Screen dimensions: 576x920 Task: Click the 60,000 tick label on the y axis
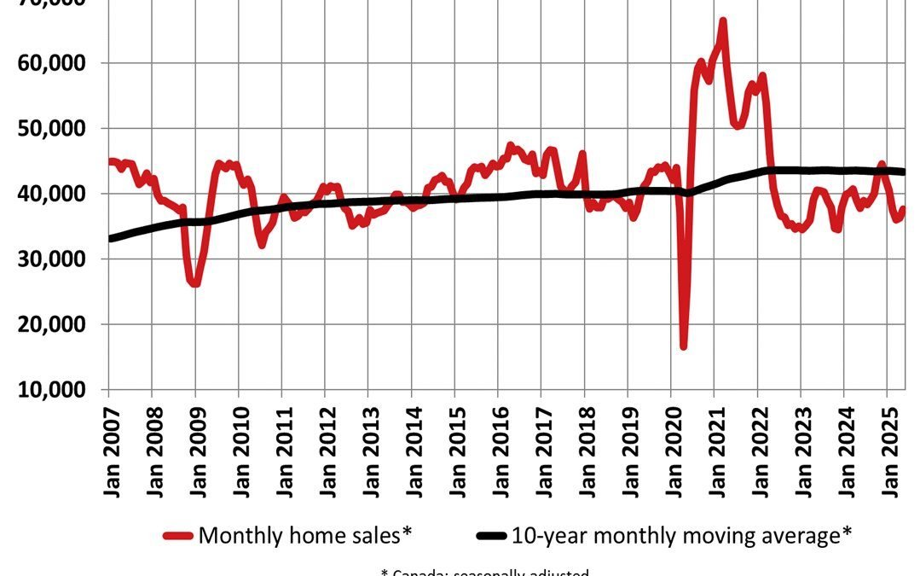coord(56,63)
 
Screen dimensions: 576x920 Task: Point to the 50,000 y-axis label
coord(56,129)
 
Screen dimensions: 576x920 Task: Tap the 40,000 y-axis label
coord(56,194)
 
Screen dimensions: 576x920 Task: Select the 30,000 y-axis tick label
coord(56,259)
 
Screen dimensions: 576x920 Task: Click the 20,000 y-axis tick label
coord(56,324)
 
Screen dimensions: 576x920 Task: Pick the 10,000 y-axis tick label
coord(56,390)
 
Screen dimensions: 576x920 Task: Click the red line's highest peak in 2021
coord(722,20)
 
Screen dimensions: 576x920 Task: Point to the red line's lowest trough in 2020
coord(683,346)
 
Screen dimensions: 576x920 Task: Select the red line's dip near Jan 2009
coord(195,283)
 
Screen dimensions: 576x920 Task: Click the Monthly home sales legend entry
coord(304,536)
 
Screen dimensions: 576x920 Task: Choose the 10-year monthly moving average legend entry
coord(681,536)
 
